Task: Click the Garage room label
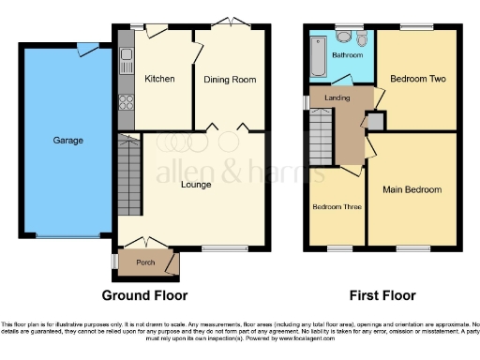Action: coord(68,141)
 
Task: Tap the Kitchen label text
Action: coord(159,79)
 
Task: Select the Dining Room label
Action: coord(230,80)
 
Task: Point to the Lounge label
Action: coord(196,185)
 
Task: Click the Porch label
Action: coord(145,262)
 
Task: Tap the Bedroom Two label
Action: coord(417,79)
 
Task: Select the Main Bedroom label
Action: coord(412,189)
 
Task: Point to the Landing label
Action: coord(337,97)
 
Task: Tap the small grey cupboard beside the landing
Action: coord(374,121)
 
